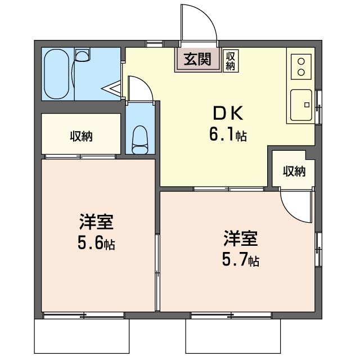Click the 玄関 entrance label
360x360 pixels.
point(197,59)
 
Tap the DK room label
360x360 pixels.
point(228,114)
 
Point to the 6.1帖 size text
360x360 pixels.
point(228,135)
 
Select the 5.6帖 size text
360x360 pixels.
point(96,244)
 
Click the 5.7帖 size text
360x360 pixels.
point(240,260)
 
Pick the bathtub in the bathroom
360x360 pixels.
point(56,74)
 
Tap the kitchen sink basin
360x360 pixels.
point(301,105)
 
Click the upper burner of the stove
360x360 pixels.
point(301,61)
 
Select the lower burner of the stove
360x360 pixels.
point(301,73)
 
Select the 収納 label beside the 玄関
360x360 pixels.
point(230,61)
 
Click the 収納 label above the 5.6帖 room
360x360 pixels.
point(81,136)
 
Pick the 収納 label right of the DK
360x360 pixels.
point(294,171)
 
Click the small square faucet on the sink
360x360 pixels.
point(307,105)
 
